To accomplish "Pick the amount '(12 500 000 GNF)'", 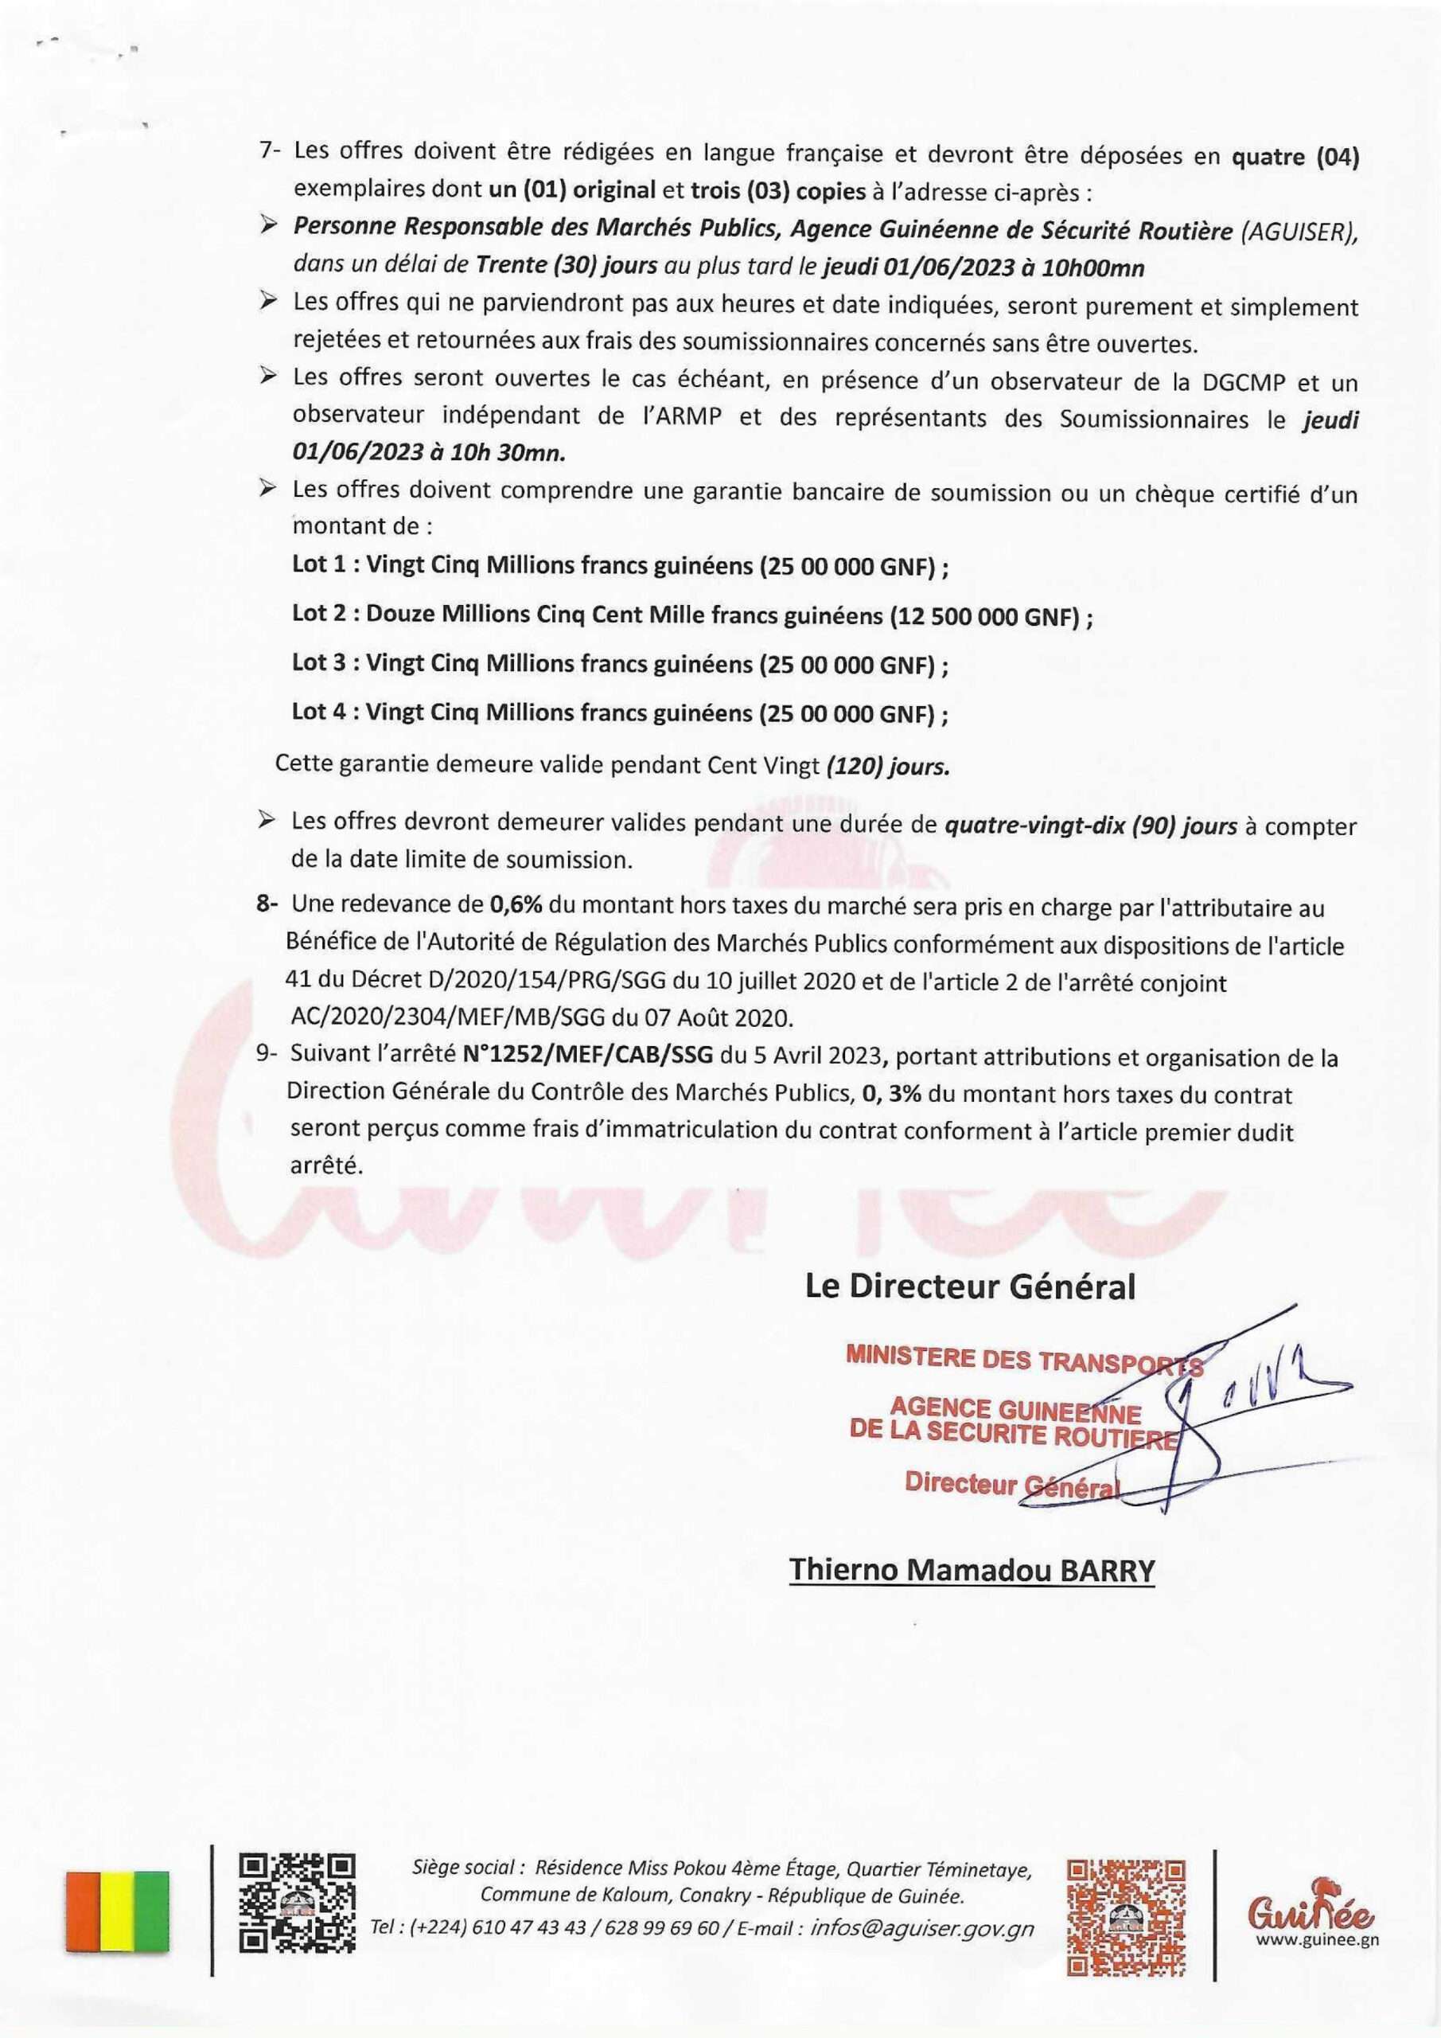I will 984,617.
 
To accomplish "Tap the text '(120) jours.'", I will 887,766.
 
